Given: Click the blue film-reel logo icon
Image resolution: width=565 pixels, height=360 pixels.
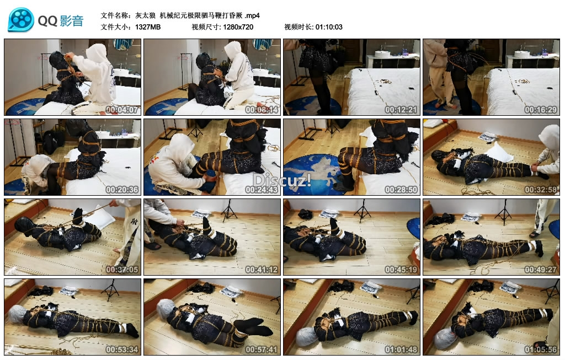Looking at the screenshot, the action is pyautogui.click(x=21, y=20).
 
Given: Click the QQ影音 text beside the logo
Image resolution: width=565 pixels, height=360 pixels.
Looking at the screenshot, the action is pyautogui.click(x=61, y=21).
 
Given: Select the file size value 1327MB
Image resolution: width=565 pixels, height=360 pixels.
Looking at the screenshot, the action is pyautogui.click(x=148, y=27).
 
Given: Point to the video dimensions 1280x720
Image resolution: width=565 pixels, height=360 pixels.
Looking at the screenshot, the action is pyautogui.click(x=238, y=27).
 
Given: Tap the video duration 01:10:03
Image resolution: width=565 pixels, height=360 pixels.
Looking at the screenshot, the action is pyautogui.click(x=329, y=27).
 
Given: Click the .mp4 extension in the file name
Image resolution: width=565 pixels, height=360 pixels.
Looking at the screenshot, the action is pyautogui.click(x=252, y=15).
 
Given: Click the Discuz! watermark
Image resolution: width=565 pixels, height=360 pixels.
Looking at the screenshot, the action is pyautogui.click(x=282, y=180).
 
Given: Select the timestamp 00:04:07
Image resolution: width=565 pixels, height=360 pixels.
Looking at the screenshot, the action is pyautogui.click(x=122, y=110).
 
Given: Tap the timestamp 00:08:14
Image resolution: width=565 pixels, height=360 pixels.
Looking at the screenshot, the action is pyautogui.click(x=262, y=110).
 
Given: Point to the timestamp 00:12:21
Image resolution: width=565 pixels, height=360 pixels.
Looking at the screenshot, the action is pyautogui.click(x=401, y=110).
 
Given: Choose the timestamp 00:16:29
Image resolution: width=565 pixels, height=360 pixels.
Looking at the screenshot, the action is pyautogui.click(x=541, y=110).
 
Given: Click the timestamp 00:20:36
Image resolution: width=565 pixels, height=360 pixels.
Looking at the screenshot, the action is pyautogui.click(x=122, y=190).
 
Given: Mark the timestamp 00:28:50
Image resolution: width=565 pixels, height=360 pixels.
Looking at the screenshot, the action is pyautogui.click(x=401, y=190).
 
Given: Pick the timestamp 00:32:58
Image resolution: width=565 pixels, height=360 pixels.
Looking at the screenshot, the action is pyautogui.click(x=541, y=190).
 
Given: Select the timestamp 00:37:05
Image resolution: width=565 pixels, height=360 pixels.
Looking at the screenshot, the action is pyautogui.click(x=122, y=270).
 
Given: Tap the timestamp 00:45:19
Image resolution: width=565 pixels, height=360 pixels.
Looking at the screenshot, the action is pyautogui.click(x=401, y=270).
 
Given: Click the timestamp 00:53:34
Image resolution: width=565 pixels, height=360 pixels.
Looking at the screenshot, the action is pyautogui.click(x=122, y=350).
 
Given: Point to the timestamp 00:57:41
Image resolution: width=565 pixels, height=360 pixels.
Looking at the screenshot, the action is pyautogui.click(x=262, y=350).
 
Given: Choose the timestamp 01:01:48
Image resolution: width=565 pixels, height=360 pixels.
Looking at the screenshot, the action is pyautogui.click(x=401, y=350).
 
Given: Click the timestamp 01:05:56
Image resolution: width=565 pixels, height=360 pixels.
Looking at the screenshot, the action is pyautogui.click(x=541, y=350).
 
